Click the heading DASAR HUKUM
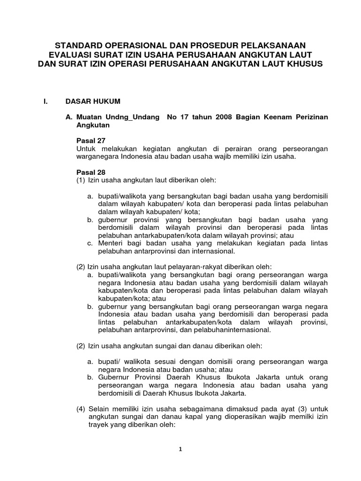93,101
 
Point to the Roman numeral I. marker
45,101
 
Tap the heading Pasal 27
91,140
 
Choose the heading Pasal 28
91,172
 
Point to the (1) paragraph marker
81,180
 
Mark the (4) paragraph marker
81,409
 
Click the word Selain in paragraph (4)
99,409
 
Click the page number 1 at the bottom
180,449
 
